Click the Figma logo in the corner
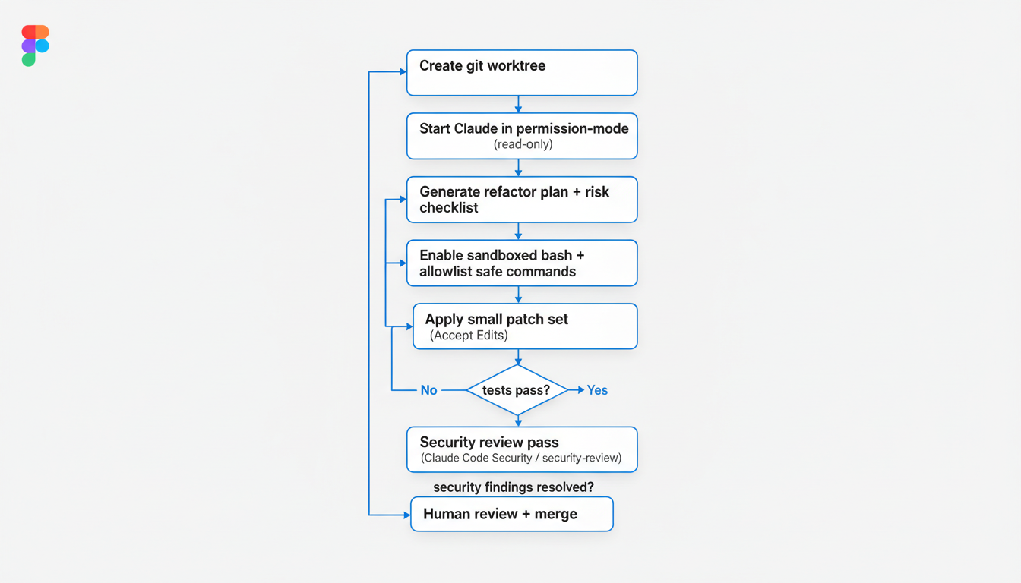point(35,46)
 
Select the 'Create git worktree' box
point(522,73)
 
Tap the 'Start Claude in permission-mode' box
point(522,136)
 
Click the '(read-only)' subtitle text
point(523,144)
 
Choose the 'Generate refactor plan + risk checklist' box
point(522,200)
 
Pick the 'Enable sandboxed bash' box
point(522,263)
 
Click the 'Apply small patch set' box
point(524,326)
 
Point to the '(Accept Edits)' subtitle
point(469,336)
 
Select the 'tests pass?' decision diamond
point(517,390)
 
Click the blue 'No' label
point(429,390)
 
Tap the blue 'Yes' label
point(597,390)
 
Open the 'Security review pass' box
point(522,449)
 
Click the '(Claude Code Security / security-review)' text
point(521,458)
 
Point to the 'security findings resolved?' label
point(514,487)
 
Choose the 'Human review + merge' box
point(511,514)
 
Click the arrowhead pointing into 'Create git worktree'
point(402,73)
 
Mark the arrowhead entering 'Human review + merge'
point(406,515)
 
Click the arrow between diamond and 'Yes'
point(577,390)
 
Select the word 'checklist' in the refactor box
point(449,208)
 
